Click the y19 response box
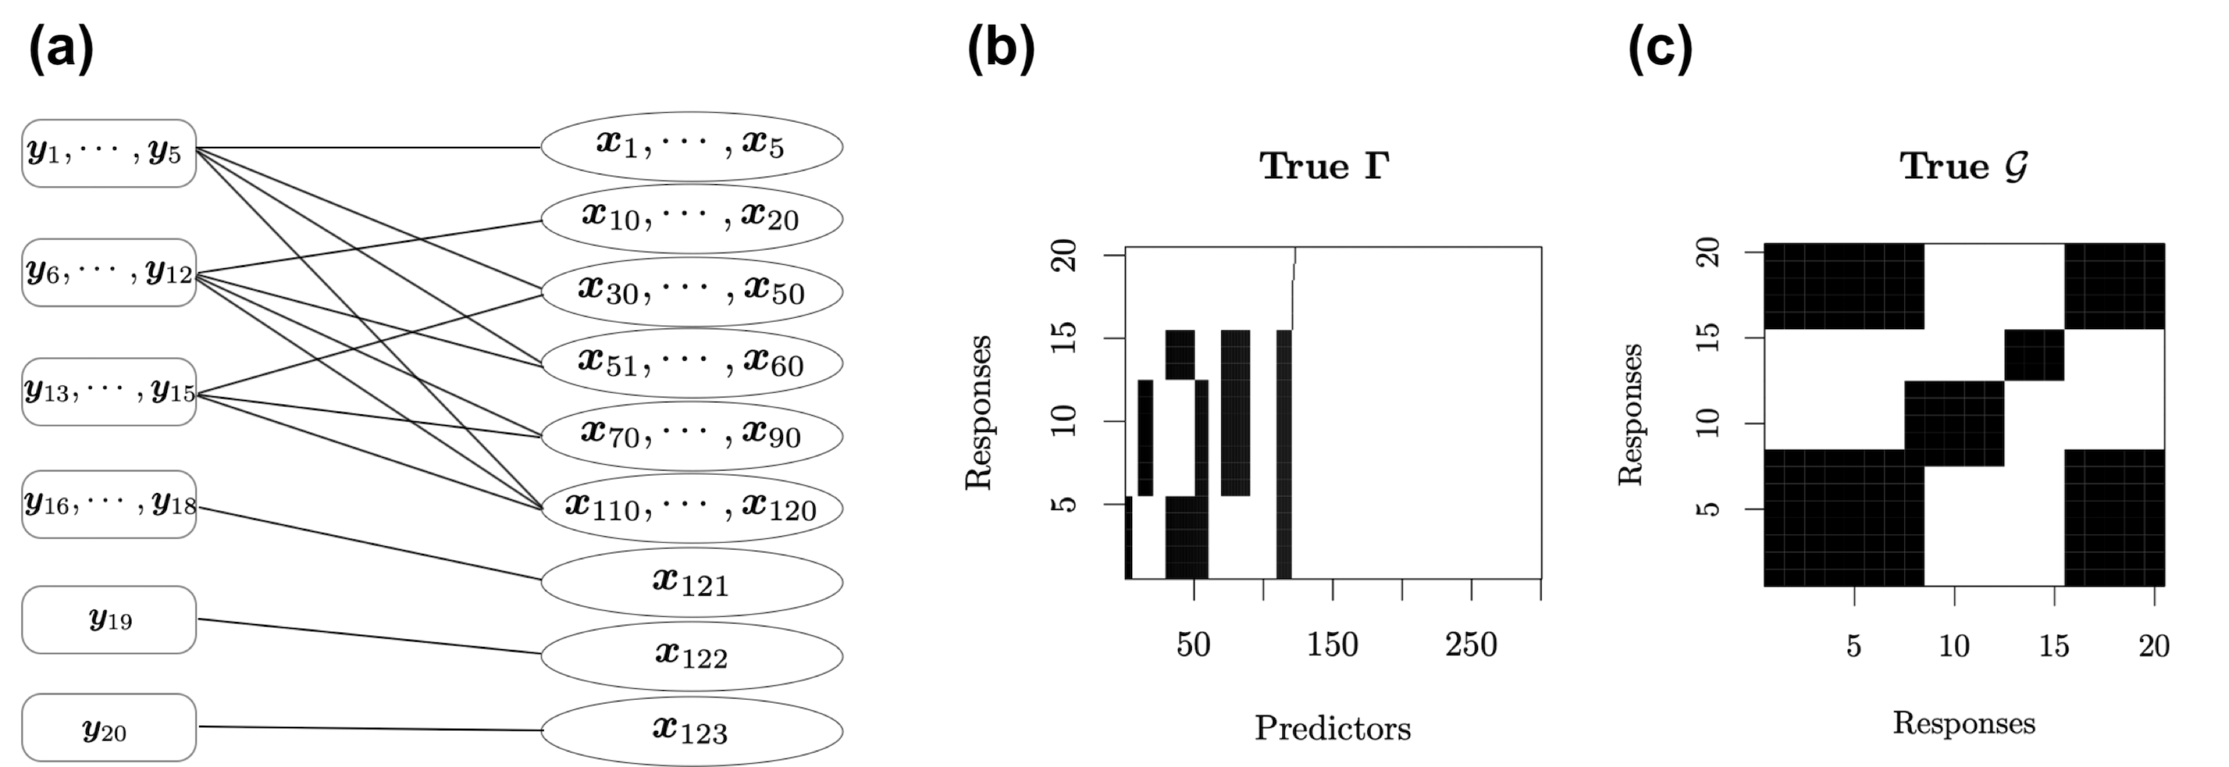point(109,620)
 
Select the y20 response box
point(109,728)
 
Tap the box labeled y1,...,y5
point(109,153)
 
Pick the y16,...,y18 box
point(109,504)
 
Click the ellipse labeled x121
point(691,581)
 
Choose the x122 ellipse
point(691,656)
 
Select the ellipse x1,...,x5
point(691,146)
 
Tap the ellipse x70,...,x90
point(691,434)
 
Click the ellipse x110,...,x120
point(691,507)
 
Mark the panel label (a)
point(60,49)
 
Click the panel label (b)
point(1000,49)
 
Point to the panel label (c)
point(1660,49)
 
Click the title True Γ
point(1324,167)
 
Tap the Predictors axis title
point(1333,729)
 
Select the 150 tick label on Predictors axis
point(1333,645)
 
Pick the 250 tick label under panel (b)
point(1471,645)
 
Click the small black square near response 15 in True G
point(2034,355)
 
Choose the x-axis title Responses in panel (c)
point(1964,724)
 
